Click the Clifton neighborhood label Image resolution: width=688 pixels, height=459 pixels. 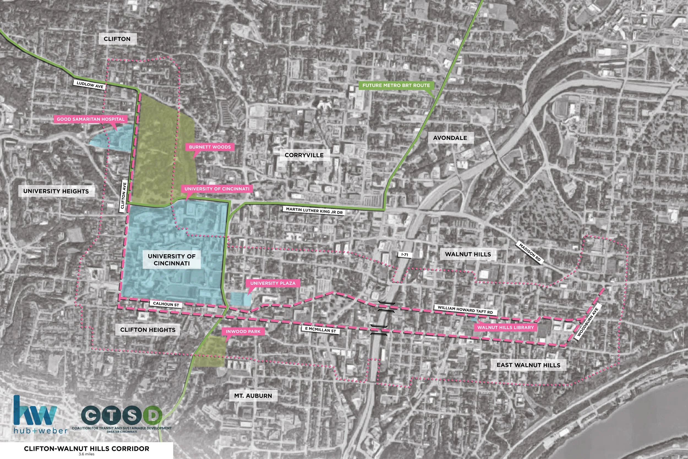point(117,39)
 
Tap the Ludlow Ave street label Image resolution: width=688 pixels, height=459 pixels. point(90,85)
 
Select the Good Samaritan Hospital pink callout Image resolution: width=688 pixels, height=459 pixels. point(91,119)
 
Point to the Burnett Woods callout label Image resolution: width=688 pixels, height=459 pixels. point(210,147)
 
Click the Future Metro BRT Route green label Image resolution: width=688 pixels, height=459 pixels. point(396,85)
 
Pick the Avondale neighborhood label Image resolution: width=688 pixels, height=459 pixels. point(450,138)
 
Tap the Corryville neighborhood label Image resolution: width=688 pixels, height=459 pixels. point(304,155)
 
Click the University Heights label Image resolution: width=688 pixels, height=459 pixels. point(56,191)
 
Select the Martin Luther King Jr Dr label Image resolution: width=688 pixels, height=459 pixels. point(314,210)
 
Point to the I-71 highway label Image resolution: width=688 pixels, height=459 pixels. point(405,255)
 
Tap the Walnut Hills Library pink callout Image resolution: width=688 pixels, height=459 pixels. point(506,327)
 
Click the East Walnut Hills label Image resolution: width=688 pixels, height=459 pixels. point(528,365)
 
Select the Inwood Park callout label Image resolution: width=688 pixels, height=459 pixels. point(243,332)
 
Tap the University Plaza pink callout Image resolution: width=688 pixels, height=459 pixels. point(273,283)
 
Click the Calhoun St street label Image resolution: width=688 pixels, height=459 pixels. point(166,304)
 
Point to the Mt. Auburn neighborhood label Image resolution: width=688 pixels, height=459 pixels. point(253,396)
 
